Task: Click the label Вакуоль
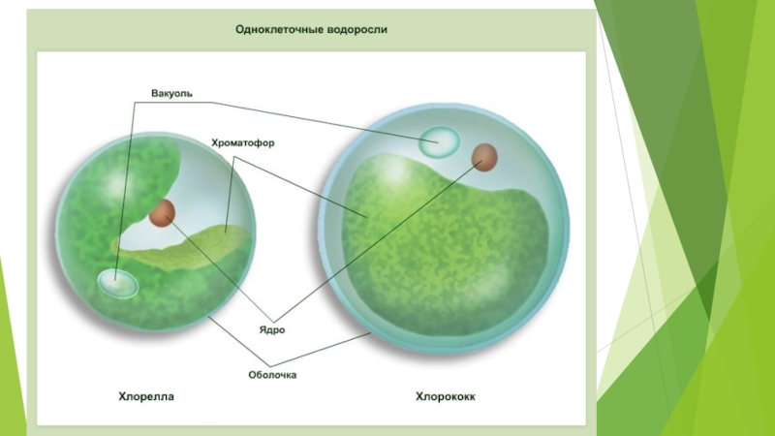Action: pos(172,94)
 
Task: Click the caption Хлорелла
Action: pos(146,396)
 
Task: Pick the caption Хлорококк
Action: pos(446,396)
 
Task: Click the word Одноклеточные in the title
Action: pos(274,29)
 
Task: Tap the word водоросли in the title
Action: pos(353,29)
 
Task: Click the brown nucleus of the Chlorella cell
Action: pos(162,212)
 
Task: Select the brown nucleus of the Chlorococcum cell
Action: pos(484,156)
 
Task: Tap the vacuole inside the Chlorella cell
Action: pos(117,283)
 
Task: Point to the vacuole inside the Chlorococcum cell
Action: pos(439,142)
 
